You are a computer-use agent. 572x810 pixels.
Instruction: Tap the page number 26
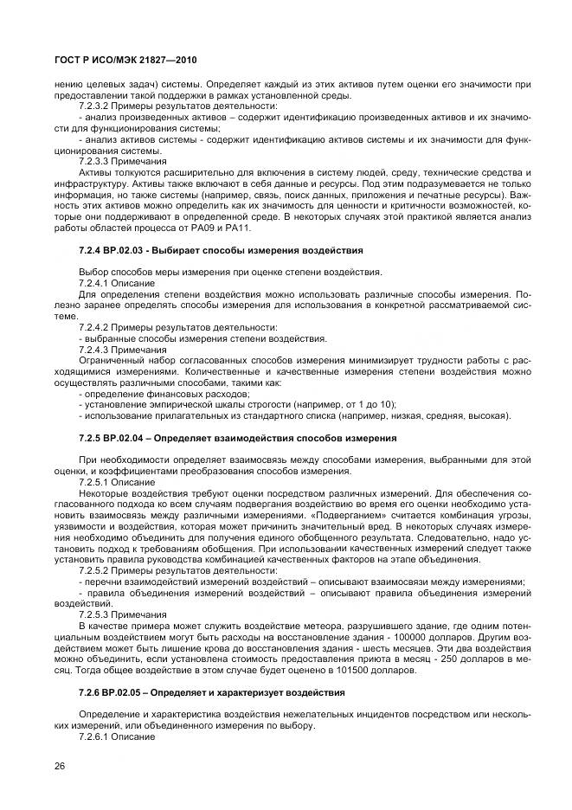click(60, 766)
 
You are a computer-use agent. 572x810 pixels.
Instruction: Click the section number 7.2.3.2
click(96, 106)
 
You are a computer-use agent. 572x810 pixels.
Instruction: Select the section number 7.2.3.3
click(96, 162)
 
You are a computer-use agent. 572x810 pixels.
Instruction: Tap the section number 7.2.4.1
click(96, 283)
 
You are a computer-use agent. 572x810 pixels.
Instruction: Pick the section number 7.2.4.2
click(96, 328)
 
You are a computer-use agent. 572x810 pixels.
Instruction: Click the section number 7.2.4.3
click(96, 350)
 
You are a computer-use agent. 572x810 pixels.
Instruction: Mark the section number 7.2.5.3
click(96, 614)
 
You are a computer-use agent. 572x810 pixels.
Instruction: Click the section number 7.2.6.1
click(96, 737)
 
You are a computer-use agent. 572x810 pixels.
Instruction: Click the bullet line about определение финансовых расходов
click(139, 394)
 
